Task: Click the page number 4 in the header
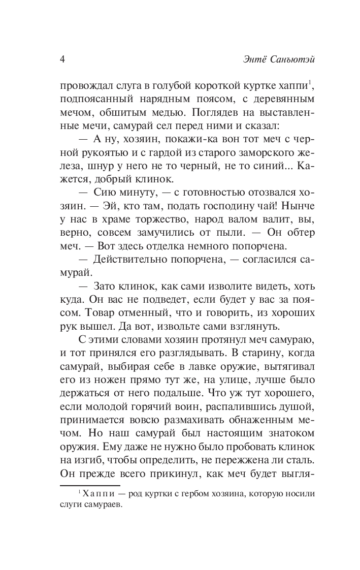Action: click(x=62, y=59)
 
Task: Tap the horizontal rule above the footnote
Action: click(x=90, y=486)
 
